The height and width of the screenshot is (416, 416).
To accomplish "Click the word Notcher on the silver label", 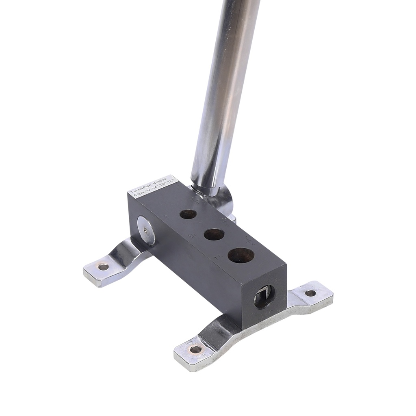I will (159, 182).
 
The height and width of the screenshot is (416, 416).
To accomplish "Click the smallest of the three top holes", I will (188, 214).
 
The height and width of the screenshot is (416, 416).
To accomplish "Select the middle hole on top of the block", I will (214, 234).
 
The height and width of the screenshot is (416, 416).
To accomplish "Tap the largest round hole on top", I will (241, 255).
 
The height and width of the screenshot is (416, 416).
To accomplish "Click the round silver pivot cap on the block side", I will (146, 230).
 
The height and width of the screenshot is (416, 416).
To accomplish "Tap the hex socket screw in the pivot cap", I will (145, 230).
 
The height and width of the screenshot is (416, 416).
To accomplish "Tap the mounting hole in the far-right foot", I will (310, 293).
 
